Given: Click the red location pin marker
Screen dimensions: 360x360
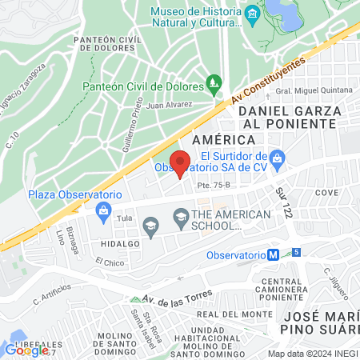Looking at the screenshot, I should pos(181,162).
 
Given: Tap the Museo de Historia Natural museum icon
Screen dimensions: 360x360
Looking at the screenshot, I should pos(252,13).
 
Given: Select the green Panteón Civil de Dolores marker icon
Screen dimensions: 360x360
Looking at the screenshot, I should pos(213,82).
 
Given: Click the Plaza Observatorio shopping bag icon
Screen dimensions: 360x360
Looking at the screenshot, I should pos(102,210).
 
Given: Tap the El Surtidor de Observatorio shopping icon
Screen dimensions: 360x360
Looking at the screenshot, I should pos(276,157).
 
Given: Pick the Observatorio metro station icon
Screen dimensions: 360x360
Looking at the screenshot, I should pos(273,254).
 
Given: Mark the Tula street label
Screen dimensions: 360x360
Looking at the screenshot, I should pos(124,218).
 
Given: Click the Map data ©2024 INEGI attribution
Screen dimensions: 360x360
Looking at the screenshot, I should pos(312,354).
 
